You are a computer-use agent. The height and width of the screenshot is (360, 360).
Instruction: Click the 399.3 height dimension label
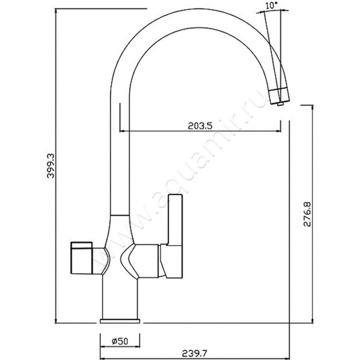50,166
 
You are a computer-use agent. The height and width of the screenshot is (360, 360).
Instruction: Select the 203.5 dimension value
200,126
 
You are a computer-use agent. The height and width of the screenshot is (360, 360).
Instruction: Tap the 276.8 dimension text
307,214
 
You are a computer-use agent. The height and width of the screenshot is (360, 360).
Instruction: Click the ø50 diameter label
120,342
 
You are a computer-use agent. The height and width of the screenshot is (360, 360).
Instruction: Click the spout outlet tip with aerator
279,96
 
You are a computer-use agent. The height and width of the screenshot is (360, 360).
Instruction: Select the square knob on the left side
81,258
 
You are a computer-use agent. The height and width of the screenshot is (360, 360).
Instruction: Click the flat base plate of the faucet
120,321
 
